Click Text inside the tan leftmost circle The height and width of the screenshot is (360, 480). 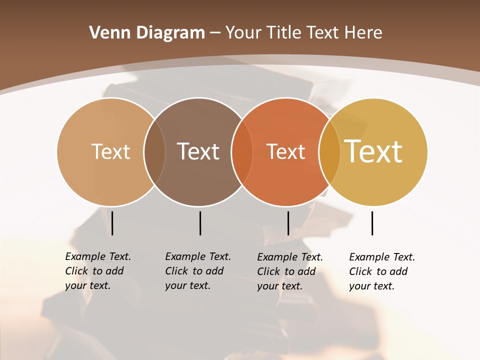coord(110,151)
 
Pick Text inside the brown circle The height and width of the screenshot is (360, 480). coord(198,151)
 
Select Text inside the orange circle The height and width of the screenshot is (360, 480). coord(285,151)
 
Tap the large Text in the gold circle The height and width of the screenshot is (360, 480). coord(373,151)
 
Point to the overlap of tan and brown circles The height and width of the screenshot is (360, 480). coord(154,151)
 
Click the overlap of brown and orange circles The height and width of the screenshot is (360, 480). coord(242,151)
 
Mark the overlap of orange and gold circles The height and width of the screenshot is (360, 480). coord(329,151)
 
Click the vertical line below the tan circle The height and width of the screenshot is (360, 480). coord(112,223)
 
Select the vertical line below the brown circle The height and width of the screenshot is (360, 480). coord(200,223)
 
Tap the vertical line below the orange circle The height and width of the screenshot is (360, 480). coord(288,223)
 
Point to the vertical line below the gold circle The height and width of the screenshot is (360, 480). coord(372,223)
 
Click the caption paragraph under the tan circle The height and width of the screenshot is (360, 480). coord(97,271)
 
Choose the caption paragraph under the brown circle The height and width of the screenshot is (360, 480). coord(197,271)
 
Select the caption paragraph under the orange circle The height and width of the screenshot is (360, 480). coord(289,271)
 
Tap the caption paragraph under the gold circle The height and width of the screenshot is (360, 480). coord(381,271)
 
